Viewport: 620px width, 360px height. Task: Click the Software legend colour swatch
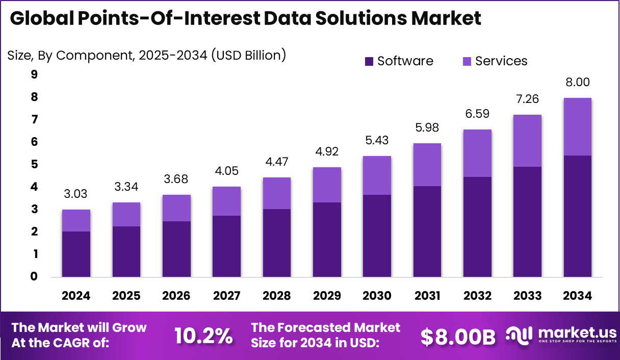pyautogui.click(x=369, y=62)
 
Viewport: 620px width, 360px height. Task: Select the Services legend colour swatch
pyautogui.click(x=467, y=62)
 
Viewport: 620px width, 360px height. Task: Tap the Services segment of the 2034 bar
pyautogui.click(x=577, y=126)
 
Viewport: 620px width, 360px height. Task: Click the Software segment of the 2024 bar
pyautogui.click(x=76, y=254)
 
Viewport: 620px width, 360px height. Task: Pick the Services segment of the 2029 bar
pyautogui.click(x=327, y=185)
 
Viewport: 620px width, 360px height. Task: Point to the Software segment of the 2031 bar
pyautogui.click(x=427, y=232)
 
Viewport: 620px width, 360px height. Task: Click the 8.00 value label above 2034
pyautogui.click(x=577, y=83)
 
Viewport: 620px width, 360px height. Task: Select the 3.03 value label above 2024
pyautogui.click(x=76, y=194)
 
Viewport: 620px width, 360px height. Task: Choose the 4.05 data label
pyautogui.click(x=226, y=171)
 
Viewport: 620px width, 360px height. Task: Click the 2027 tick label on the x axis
pyautogui.click(x=226, y=296)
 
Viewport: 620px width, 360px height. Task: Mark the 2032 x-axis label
pyautogui.click(x=477, y=296)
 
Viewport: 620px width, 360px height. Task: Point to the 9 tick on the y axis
pyautogui.click(x=34, y=75)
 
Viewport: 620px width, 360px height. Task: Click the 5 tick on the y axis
pyautogui.click(x=34, y=165)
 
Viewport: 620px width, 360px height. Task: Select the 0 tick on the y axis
pyautogui.click(x=34, y=277)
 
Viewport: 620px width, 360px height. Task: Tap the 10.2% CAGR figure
pyautogui.click(x=203, y=336)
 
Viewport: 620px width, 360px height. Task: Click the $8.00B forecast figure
pyautogui.click(x=457, y=336)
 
